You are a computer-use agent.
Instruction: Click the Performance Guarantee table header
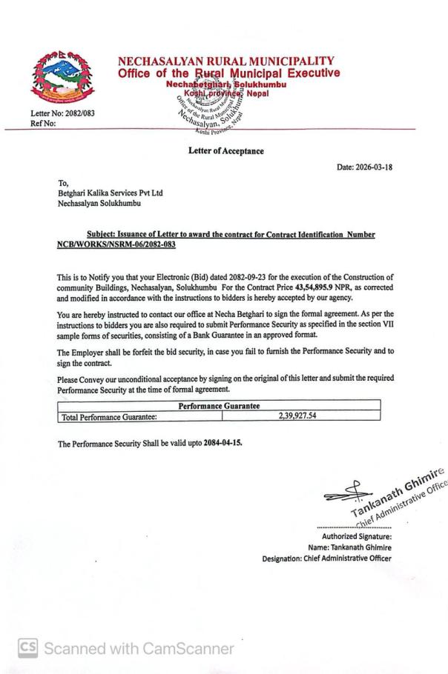tap(218, 406)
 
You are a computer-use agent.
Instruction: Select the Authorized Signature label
tap(356, 537)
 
